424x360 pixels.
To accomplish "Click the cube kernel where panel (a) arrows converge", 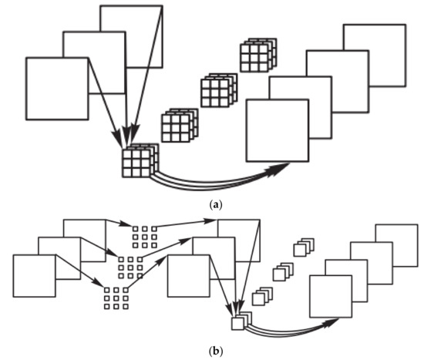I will click(140, 161).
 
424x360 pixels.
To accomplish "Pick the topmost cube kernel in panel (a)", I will click(255, 56).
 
